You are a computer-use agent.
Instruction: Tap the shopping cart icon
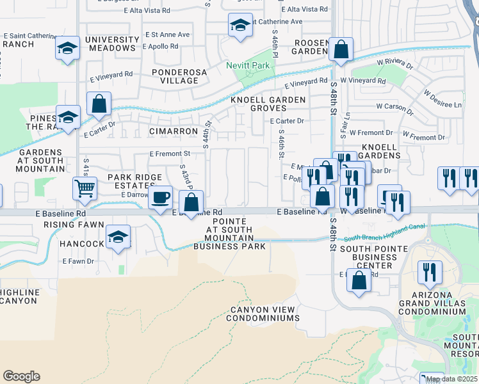85,188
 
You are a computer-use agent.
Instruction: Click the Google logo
21,376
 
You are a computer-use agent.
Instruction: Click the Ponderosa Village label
179,77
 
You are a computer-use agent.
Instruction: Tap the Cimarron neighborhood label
174,131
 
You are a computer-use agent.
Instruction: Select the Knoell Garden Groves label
268,104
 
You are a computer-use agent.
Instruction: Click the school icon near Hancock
118,237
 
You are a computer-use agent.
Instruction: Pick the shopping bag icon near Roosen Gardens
341,49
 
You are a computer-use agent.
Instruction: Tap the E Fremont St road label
170,154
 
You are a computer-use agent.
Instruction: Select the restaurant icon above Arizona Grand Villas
429,272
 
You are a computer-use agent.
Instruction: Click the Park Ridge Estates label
133,180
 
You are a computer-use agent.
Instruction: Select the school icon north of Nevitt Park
240,26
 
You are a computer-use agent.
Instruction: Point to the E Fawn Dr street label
78,261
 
